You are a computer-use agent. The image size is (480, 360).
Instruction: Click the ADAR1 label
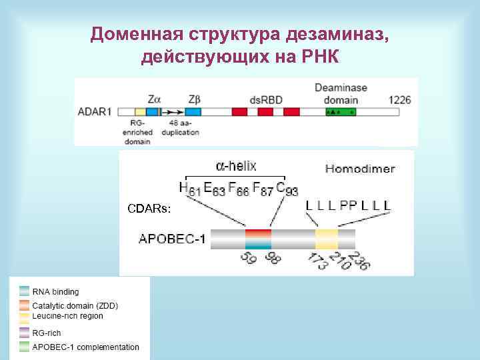click(x=95, y=112)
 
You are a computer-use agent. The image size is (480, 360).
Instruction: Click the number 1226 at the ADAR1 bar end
click(x=399, y=100)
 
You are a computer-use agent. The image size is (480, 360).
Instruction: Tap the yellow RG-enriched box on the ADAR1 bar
click(x=140, y=112)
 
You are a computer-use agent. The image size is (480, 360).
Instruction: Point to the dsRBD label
click(x=266, y=100)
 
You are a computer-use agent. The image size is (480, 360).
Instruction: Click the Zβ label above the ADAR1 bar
click(x=195, y=99)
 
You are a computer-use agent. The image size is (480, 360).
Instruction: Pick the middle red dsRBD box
click(x=265, y=112)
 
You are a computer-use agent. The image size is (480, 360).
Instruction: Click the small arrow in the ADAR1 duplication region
click(x=175, y=113)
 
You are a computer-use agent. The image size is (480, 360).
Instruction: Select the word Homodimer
click(x=359, y=169)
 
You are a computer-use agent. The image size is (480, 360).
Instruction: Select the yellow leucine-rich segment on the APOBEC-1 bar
click(x=327, y=238)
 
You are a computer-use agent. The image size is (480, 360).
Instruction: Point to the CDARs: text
click(x=149, y=209)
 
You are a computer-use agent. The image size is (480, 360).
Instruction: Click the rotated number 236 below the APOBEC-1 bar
click(x=361, y=261)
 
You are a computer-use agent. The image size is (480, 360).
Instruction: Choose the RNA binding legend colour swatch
click(x=25, y=291)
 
